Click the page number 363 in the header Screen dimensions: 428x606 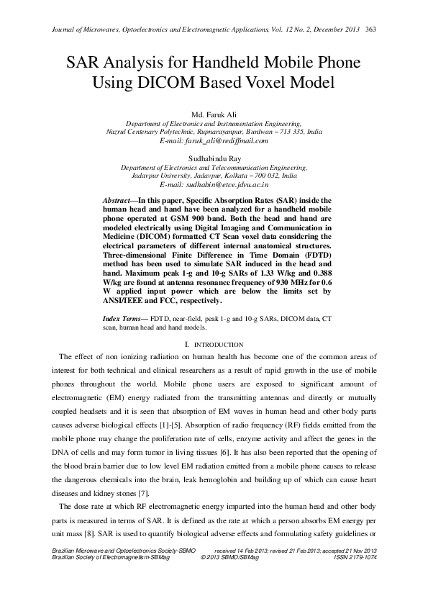point(372,30)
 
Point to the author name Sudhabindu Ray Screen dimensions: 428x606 point(214,156)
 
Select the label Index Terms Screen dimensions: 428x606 point(122,317)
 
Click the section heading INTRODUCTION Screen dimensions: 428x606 point(219,345)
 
